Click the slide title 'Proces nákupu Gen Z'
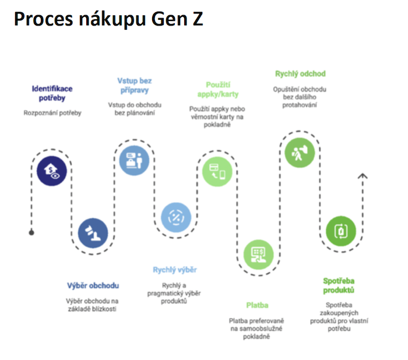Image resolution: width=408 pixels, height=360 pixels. click(108, 19)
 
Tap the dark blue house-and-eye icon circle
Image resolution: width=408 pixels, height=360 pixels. click(52, 171)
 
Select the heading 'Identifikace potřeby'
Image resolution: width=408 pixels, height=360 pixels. click(52, 93)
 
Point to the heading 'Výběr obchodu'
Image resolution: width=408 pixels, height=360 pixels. click(93, 285)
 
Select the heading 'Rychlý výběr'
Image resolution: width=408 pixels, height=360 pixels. click(175, 270)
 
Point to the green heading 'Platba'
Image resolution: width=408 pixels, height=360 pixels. click(257, 305)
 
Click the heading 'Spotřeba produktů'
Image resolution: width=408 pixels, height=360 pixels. click(339, 285)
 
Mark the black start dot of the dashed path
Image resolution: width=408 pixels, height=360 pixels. click(31, 233)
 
